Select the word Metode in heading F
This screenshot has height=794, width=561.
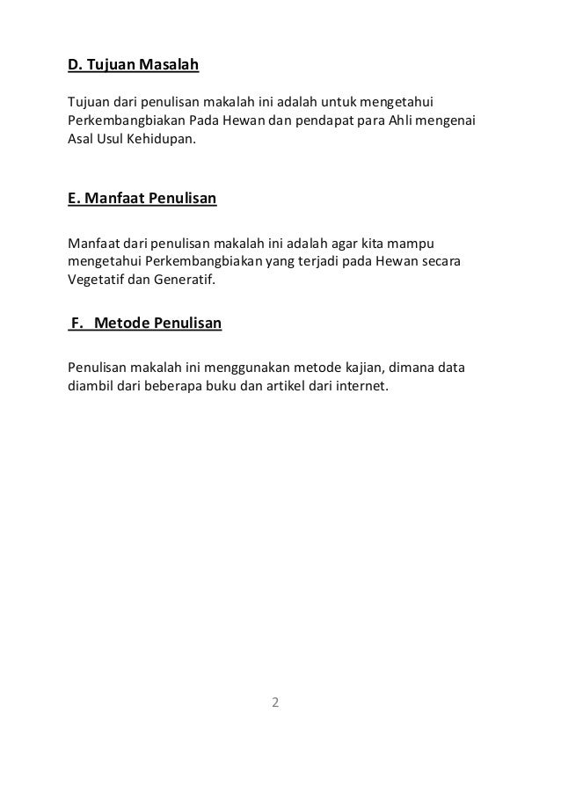(121, 324)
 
